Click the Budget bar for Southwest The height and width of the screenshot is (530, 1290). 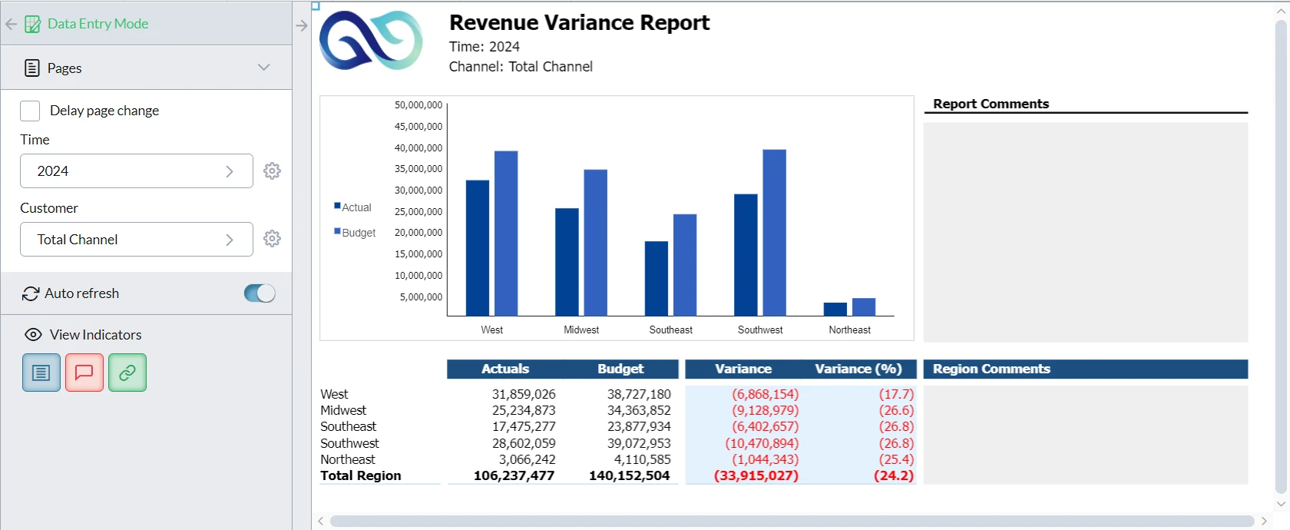(x=774, y=233)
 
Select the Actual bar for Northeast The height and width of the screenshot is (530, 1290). (x=835, y=309)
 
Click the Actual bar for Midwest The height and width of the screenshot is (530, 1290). (x=567, y=262)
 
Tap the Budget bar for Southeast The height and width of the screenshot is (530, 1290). (x=685, y=265)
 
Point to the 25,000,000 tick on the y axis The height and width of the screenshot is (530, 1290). (x=418, y=211)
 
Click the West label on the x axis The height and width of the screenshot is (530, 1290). (x=491, y=330)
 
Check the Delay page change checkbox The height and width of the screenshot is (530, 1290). (x=30, y=111)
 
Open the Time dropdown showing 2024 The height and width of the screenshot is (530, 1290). (x=136, y=171)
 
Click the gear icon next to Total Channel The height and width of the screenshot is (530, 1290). (x=272, y=239)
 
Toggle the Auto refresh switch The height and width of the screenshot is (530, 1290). (x=260, y=293)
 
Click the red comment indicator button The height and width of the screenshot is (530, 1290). (x=84, y=373)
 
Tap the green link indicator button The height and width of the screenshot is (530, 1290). (x=127, y=373)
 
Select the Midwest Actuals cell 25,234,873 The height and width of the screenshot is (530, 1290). (x=524, y=410)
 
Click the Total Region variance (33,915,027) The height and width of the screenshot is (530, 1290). (x=756, y=475)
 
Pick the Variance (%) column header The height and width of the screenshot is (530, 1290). (x=858, y=369)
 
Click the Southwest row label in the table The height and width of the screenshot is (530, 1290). (x=349, y=443)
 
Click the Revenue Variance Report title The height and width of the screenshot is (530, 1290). (x=579, y=23)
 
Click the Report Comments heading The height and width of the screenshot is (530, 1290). (x=991, y=104)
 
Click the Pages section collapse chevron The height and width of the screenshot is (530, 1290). (x=264, y=68)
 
